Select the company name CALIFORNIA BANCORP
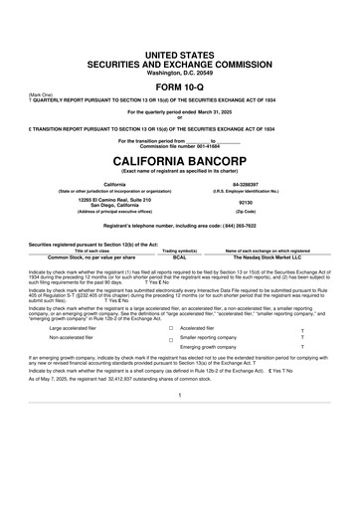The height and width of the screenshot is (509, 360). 180,159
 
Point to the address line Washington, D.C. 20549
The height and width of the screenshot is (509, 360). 180,67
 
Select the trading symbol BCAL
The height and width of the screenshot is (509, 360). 180,256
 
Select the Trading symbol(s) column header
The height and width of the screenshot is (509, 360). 180,251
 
